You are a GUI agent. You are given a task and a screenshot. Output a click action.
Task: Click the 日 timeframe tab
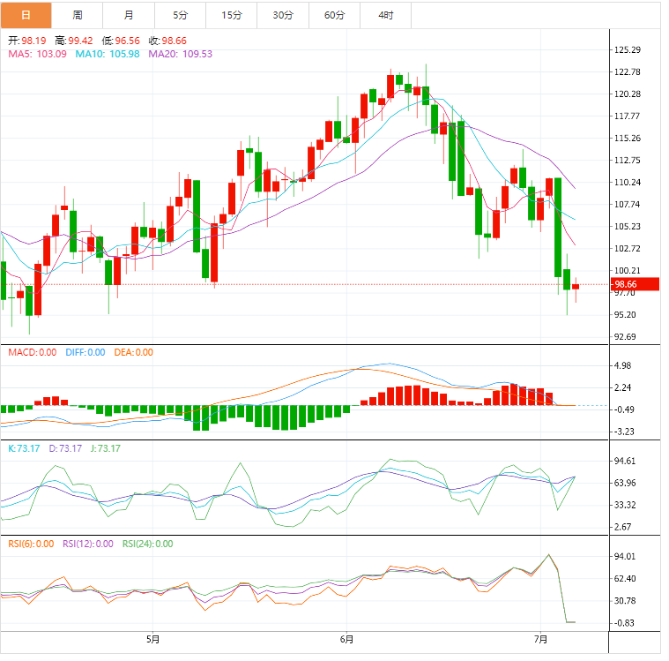tap(26, 15)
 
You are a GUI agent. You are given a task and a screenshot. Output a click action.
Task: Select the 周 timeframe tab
tap(78, 15)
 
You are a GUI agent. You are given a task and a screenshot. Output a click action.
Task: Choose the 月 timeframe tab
tap(130, 15)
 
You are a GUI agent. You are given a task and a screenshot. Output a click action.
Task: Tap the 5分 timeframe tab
tap(181, 15)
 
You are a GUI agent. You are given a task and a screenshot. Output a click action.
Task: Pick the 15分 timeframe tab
tap(232, 15)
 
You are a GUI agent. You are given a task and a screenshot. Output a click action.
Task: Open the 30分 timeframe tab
tap(283, 15)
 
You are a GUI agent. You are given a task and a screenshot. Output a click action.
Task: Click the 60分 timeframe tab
tap(334, 15)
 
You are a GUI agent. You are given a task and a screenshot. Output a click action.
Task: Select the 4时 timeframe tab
tap(385, 15)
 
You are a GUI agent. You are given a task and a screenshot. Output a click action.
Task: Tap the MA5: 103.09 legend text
tap(37, 54)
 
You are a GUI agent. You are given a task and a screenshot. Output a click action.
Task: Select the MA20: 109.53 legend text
tap(181, 54)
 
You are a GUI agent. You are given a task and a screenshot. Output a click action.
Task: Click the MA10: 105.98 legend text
tap(108, 54)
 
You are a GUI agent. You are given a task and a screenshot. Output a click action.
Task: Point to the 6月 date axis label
tap(346, 639)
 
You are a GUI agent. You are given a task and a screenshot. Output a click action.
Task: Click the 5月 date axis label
tap(152, 639)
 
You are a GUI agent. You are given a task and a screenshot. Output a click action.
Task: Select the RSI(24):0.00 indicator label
tap(147, 544)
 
